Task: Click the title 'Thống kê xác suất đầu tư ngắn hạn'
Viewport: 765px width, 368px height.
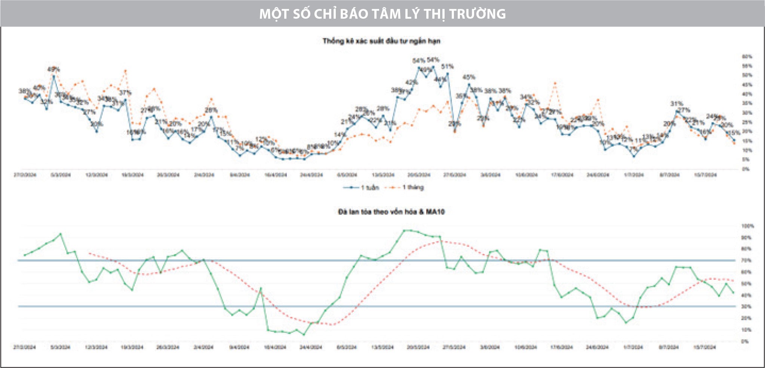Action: [381, 41]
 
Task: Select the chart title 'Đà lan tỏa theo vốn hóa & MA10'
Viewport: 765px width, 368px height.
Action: [391, 212]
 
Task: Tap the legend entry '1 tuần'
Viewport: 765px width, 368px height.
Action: [361, 188]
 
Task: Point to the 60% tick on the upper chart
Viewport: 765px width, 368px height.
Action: [747, 57]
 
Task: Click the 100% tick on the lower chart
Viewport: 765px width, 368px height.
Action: [747, 226]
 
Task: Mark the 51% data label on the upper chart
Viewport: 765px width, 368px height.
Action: [448, 67]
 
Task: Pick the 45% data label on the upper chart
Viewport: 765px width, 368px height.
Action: [469, 77]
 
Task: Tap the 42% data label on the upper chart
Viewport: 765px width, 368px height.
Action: [411, 82]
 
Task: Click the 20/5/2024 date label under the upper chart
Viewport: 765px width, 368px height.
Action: [419, 175]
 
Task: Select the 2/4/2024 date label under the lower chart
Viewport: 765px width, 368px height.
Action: [203, 347]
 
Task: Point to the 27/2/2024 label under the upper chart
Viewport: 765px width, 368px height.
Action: [25, 175]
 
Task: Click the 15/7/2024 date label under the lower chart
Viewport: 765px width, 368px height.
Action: [704, 347]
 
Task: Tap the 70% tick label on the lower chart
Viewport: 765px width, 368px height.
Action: [746, 260]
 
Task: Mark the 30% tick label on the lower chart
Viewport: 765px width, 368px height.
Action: [746, 307]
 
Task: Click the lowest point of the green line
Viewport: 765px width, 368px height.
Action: [304, 334]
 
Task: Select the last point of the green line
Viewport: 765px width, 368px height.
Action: [733, 293]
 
